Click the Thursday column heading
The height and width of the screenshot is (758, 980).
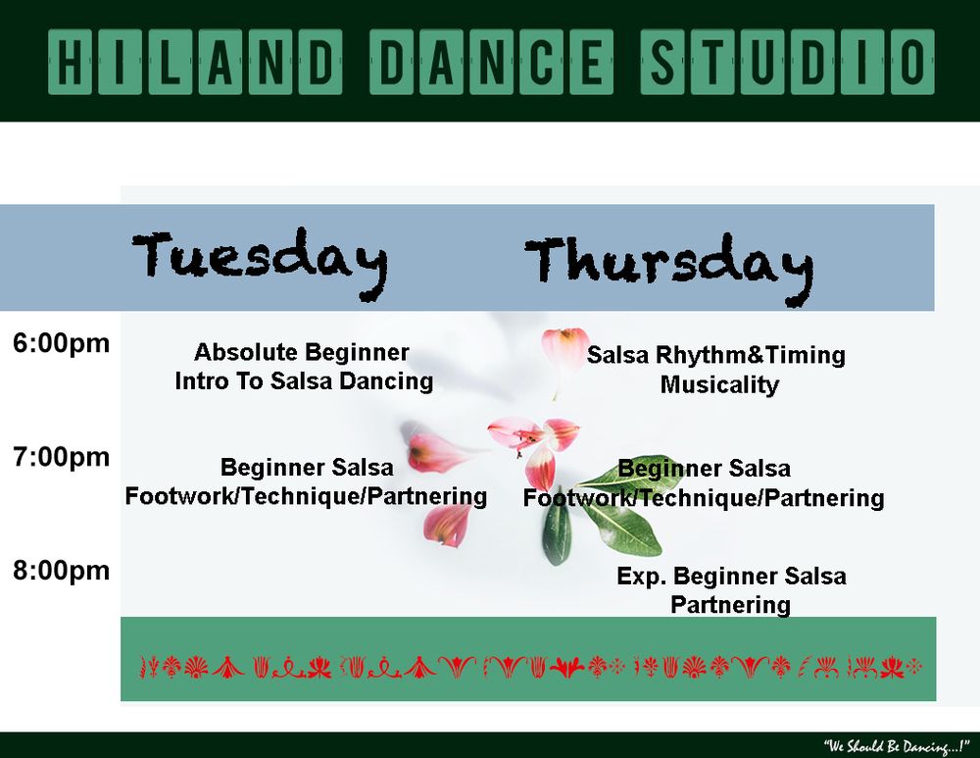[669, 269]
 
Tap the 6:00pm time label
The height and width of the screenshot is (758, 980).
[61, 344]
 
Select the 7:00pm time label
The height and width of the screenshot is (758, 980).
[61, 458]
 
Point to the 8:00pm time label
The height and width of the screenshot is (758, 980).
[61, 572]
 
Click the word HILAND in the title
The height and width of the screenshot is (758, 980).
[195, 62]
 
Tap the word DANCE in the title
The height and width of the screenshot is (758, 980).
[491, 62]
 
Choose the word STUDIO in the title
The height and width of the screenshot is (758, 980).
[788, 62]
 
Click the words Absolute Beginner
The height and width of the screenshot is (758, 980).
[302, 353]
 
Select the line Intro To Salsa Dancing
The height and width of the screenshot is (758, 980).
[305, 381]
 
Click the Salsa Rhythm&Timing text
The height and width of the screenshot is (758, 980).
[716, 355]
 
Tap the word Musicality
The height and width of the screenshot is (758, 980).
[720, 384]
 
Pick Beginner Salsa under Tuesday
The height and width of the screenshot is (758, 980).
[307, 468]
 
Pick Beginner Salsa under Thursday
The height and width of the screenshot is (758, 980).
[705, 469]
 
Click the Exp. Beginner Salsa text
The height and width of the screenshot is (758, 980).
[732, 576]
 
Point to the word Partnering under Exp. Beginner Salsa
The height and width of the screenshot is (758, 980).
[731, 605]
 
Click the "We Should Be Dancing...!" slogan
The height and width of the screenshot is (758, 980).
[897, 746]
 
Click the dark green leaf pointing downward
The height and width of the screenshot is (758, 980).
[556, 531]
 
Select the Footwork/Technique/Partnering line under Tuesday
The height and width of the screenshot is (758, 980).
[306, 496]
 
